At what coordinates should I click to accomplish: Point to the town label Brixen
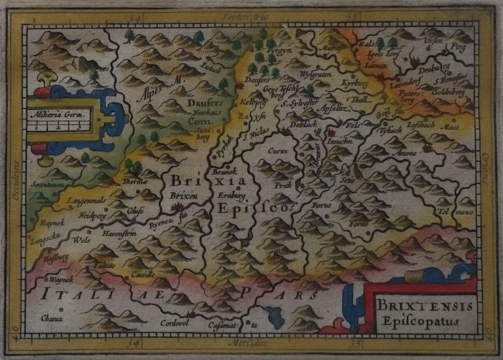coord(185,195)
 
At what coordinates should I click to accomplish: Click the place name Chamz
coord(52,318)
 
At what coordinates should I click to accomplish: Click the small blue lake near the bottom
coord(276,314)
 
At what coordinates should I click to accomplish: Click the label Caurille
coord(144,274)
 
